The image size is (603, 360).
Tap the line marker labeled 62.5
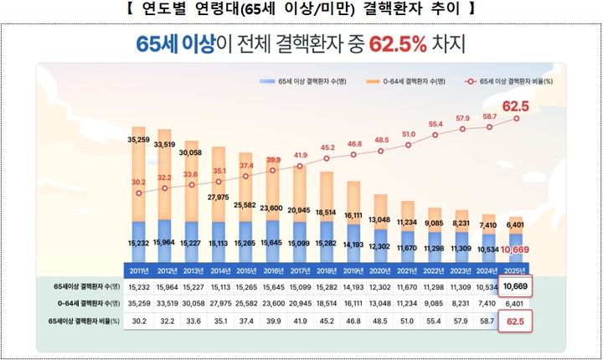click(517, 118)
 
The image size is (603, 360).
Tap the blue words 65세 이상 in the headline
click(173, 43)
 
